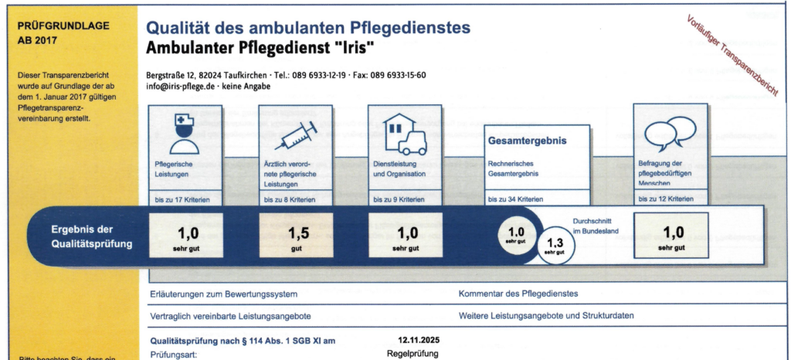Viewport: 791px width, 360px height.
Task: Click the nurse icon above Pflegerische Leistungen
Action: pyautogui.click(x=185, y=133)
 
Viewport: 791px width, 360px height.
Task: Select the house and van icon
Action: pyautogui.click(x=406, y=133)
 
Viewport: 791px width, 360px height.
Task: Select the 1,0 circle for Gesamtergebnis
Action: pyautogui.click(x=516, y=233)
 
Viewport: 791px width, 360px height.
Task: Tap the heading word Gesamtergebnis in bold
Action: pyautogui.click(x=528, y=141)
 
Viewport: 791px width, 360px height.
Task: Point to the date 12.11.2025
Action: pyautogui.click(x=418, y=341)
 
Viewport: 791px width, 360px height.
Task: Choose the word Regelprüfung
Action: pyautogui.click(x=412, y=354)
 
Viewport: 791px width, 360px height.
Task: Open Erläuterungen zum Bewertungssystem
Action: pyautogui.click(x=223, y=294)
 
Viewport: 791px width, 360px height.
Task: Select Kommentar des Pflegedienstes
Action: pyautogui.click(x=518, y=294)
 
